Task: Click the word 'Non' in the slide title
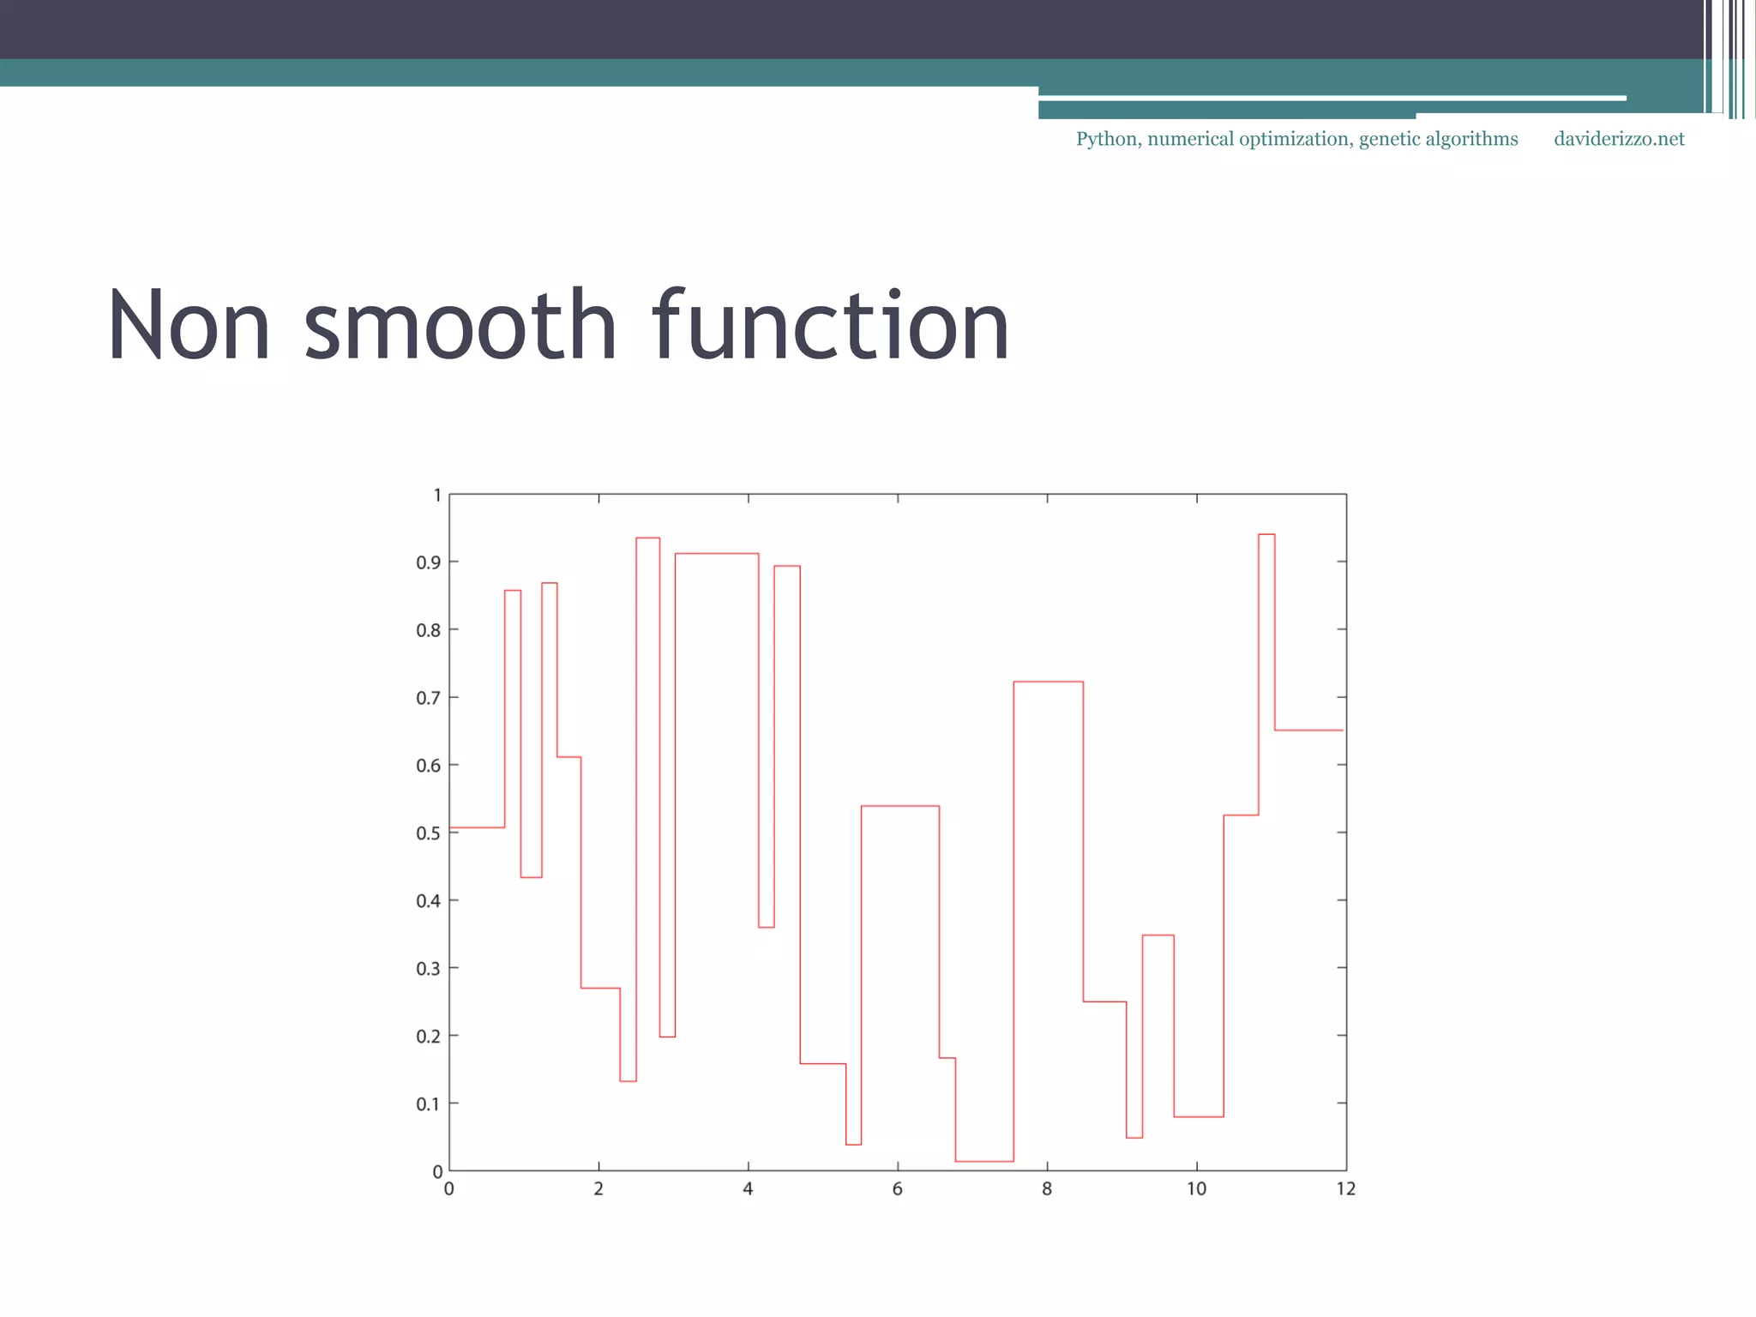tap(189, 327)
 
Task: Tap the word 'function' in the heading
tap(830, 327)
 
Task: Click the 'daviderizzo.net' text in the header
tap(1619, 139)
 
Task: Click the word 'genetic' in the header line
tap(1389, 140)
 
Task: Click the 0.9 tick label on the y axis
tap(428, 562)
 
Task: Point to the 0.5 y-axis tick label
tap(428, 833)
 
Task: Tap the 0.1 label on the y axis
tap(428, 1104)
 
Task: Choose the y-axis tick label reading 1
tap(437, 496)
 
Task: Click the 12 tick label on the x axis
tap(1345, 1189)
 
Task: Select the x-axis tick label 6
tap(897, 1189)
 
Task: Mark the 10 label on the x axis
tap(1196, 1189)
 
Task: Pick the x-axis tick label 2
tap(598, 1189)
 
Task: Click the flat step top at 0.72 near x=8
tap(1048, 682)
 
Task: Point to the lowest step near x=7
tap(984, 1161)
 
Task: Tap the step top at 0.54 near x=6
tap(900, 806)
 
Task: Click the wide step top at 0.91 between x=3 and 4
tap(717, 554)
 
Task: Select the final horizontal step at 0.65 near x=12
tap(1308, 730)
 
